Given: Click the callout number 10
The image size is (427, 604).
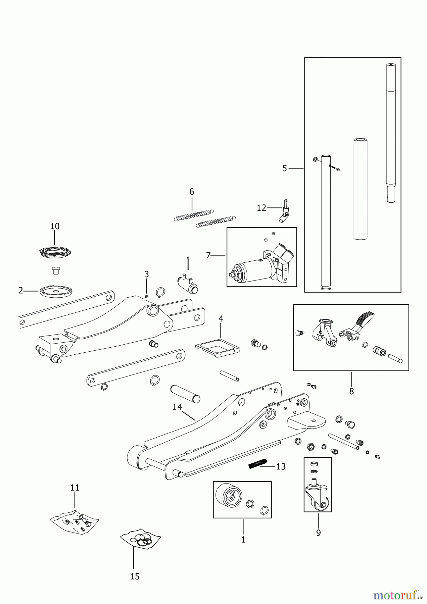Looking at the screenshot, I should [x=55, y=226].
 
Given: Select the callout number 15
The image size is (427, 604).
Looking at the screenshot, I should [x=135, y=576].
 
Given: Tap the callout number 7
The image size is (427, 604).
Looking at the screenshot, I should [x=208, y=256].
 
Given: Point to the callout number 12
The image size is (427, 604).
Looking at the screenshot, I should [x=262, y=208].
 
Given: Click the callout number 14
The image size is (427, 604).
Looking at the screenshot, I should [x=177, y=407].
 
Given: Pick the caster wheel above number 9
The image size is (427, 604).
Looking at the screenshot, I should [x=318, y=498].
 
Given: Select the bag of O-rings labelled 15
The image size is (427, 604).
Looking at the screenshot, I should [x=141, y=539].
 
